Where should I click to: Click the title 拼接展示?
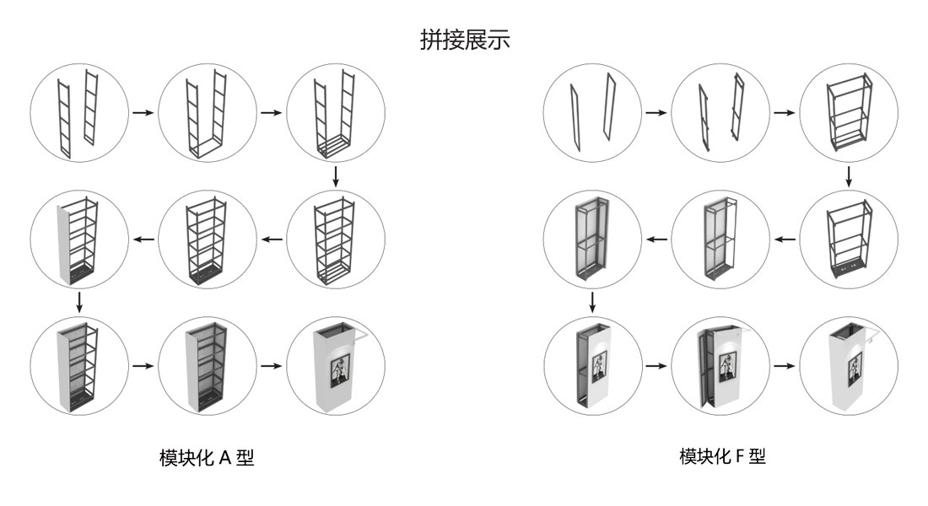pyautogui.click(x=465, y=40)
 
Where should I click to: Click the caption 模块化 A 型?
pyautogui.click(x=207, y=458)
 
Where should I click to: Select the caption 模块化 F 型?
pyautogui.click(x=722, y=457)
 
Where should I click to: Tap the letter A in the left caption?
pyautogui.click(x=224, y=458)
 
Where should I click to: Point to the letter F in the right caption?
pyautogui.click(x=741, y=457)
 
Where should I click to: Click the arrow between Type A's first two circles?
pyautogui.click(x=143, y=112)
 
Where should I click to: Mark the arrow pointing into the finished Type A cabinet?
pyautogui.click(x=272, y=367)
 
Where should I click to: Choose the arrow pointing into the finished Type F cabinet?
pyautogui.click(x=784, y=367)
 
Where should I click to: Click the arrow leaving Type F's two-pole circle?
pyautogui.click(x=656, y=112)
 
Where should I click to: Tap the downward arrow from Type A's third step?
pyautogui.click(x=336, y=176)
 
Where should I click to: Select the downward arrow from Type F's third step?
pyautogui.click(x=849, y=176)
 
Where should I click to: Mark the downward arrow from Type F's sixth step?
pyautogui.click(x=592, y=301)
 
